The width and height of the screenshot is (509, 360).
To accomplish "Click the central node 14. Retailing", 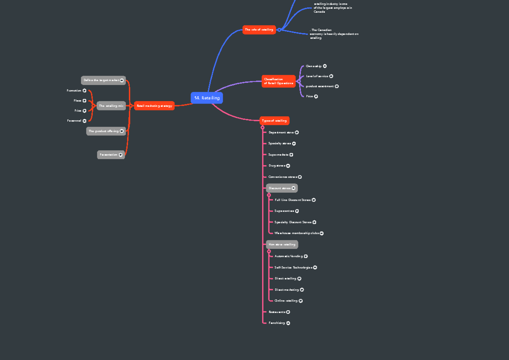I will pos(207,98).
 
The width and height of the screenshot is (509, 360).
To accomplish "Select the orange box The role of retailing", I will pos(259,30).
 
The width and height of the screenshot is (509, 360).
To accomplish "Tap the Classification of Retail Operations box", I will pos(278,81).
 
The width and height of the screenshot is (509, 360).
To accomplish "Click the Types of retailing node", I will pos(274,121).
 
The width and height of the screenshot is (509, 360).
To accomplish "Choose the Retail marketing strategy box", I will pos(154,106).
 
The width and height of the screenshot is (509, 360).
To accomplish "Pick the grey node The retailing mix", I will pos(111,106).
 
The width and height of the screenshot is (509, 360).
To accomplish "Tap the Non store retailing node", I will pos(282,245).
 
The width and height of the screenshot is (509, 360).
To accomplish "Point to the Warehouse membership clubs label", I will pos(296,233).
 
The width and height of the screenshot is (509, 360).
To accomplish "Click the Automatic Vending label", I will pos(288,256).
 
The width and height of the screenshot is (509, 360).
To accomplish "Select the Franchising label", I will pos(277,323).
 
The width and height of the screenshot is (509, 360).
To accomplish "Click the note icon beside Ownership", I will pos(325,66).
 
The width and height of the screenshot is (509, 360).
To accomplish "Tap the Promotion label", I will pos(74,90).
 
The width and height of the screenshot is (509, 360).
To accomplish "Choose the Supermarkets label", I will pos(278,155).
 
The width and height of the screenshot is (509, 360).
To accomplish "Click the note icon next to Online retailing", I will pos(301,301).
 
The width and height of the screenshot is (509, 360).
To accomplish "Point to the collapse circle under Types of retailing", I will pos(263,127).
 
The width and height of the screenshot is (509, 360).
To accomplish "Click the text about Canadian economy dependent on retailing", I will pos(334,34).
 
